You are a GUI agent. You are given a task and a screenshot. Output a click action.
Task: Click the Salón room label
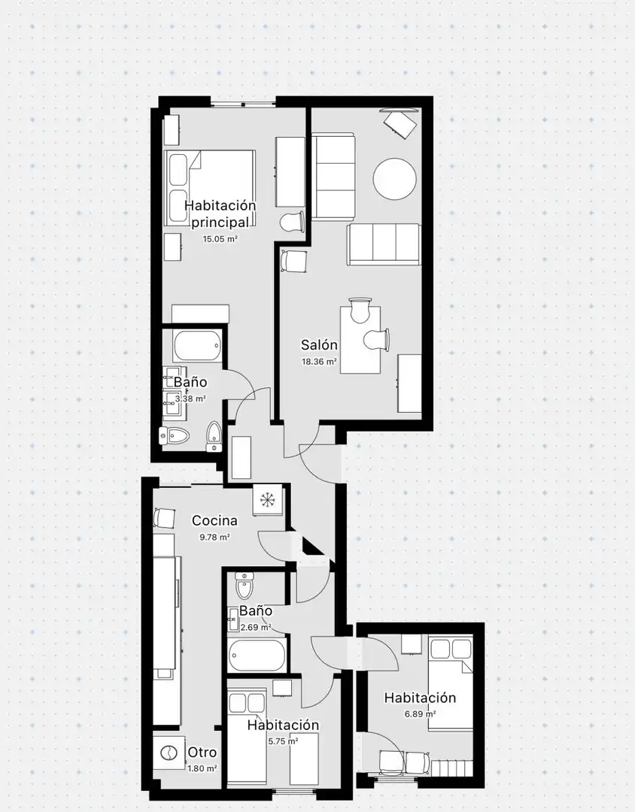[319, 345]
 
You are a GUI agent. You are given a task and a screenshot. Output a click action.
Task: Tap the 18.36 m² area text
[320, 362]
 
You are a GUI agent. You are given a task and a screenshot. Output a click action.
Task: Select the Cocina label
[214, 520]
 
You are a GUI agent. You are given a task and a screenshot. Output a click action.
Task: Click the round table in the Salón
[394, 179]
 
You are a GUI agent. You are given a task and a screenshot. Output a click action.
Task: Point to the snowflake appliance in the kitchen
[268, 500]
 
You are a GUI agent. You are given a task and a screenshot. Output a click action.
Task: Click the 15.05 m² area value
[220, 239]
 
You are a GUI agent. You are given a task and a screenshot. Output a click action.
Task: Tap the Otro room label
[202, 752]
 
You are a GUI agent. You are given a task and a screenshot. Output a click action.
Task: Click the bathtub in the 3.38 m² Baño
[198, 347]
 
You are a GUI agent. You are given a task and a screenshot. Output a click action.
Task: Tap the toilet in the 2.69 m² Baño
[243, 585]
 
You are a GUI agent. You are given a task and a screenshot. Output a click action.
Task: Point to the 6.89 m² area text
[420, 714]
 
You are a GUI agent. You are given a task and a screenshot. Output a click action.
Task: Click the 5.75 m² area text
[283, 741]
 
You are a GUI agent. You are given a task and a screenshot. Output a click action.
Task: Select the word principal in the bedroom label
[220, 223]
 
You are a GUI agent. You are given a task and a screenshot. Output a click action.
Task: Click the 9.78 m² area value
[214, 538]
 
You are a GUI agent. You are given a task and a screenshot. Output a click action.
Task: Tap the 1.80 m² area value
[202, 769]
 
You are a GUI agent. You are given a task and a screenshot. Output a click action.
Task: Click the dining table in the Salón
[360, 340]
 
